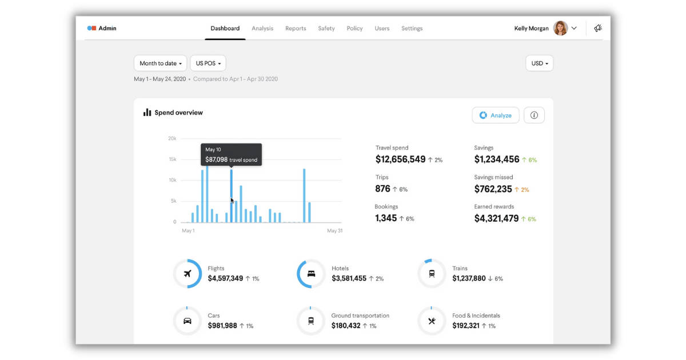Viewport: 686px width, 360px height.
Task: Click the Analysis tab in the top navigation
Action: (x=262, y=29)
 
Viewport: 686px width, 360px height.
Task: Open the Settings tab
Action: (x=412, y=29)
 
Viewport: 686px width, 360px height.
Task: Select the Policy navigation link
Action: (x=354, y=29)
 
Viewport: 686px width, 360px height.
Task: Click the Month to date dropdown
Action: (x=160, y=63)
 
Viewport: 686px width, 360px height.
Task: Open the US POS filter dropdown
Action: (x=208, y=63)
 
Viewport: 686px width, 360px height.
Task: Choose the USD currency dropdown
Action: (x=539, y=63)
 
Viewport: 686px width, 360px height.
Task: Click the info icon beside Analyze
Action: (x=534, y=115)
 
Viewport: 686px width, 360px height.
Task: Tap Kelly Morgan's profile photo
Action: (x=560, y=29)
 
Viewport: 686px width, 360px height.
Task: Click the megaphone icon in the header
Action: (x=598, y=29)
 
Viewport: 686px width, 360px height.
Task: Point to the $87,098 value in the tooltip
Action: (x=217, y=160)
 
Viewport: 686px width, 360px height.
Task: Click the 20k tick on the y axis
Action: (x=172, y=138)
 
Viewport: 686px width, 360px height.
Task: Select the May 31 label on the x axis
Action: (x=334, y=231)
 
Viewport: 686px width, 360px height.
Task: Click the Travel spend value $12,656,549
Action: (x=400, y=159)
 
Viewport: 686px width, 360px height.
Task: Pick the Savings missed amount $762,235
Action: (x=493, y=189)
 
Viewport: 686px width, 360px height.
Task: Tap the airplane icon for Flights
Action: (x=188, y=274)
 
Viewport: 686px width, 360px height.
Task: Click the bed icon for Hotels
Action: (x=311, y=274)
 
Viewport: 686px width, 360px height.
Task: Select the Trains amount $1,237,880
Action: (x=469, y=278)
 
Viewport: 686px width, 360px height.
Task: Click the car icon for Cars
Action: (x=188, y=321)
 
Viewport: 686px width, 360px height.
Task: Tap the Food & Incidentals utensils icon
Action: (x=432, y=321)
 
